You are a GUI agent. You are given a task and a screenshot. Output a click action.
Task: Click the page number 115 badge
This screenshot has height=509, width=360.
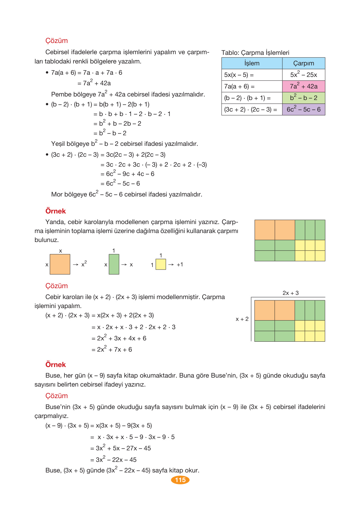pyautogui.click(x=180, y=480)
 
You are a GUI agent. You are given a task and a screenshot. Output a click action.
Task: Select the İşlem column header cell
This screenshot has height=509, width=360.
pyautogui.click(x=252, y=63)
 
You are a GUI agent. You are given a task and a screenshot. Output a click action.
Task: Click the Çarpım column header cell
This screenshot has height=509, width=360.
pyautogui.click(x=304, y=63)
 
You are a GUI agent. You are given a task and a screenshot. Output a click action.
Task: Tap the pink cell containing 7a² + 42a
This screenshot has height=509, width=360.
pyautogui.click(x=304, y=86)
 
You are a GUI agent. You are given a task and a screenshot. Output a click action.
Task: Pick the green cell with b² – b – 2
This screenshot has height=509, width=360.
pyautogui.click(x=304, y=98)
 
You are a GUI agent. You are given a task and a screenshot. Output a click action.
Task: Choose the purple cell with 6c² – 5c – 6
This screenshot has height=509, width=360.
pyautogui.click(x=304, y=109)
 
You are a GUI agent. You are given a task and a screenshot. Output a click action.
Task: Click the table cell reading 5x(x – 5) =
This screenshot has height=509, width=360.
pyautogui.click(x=252, y=75)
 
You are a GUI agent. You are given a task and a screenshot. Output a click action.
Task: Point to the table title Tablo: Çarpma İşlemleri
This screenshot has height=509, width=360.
pyautogui.click(x=255, y=53)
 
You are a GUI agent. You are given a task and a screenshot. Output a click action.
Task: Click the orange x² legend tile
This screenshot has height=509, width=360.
pyautogui.click(x=60, y=264)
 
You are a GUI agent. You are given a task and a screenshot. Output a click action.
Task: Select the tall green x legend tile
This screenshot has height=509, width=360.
pyautogui.click(x=114, y=264)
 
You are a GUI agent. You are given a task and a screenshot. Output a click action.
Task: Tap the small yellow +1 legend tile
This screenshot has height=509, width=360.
pyautogui.click(x=161, y=264)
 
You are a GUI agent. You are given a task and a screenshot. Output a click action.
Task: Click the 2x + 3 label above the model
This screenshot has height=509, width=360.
pyautogui.click(x=290, y=293)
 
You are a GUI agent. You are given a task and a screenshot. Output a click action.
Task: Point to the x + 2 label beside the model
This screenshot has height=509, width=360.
pyautogui.click(x=242, y=319)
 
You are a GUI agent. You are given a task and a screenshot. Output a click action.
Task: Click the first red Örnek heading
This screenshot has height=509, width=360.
pyautogui.click(x=55, y=211)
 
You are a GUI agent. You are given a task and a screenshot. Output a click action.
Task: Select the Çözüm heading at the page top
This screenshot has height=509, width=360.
pyautogui.click(x=56, y=41)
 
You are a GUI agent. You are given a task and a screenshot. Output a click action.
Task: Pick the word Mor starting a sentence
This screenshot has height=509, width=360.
pyautogui.click(x=57, y=194)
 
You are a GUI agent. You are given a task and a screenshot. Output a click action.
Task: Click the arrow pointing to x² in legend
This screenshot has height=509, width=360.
pyautogui.click(x=76, y=264)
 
